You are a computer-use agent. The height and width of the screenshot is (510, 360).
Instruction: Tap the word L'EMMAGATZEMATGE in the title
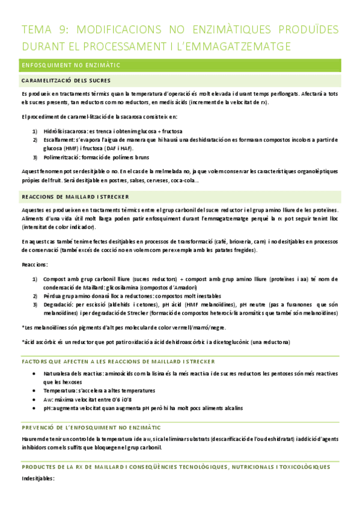coord(240,46)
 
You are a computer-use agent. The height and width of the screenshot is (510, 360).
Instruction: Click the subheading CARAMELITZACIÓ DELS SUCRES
coord(65,81)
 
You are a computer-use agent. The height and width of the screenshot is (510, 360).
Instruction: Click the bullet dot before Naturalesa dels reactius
coord(37,373)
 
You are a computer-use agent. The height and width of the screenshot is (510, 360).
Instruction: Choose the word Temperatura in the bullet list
coord(61,391)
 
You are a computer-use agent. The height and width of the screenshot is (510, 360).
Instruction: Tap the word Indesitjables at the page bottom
coord(38,479)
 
